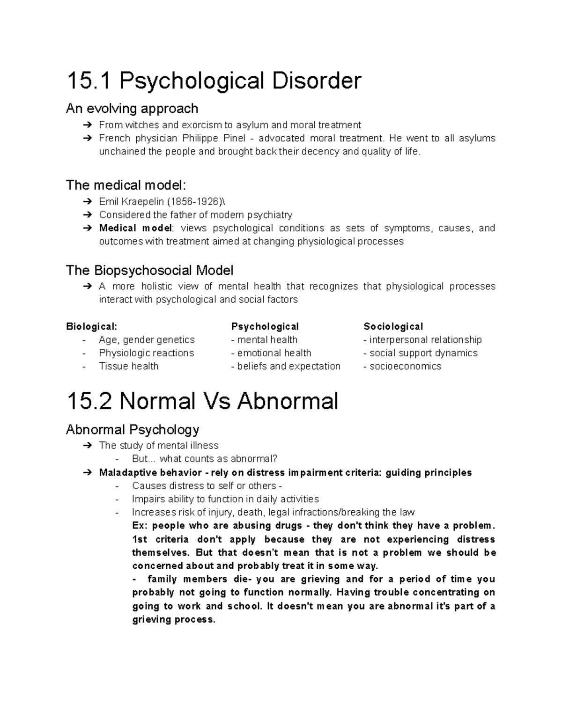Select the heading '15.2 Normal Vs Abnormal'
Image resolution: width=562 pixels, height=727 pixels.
click(x=202, y=401)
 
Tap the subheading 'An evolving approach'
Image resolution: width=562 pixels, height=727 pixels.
click(x=132, y=109)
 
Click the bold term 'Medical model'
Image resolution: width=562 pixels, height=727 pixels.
click(x=135, y=228)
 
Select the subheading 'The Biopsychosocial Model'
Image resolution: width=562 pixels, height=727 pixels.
click(x=149, y=270)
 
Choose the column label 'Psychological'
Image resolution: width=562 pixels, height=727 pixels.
click(x=265, y=326)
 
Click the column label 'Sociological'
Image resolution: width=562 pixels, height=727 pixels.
click(x=393, y=326)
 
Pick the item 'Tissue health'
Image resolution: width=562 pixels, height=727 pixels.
click(x=129, y=366)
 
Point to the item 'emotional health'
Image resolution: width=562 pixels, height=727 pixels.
click(x=274, y=353)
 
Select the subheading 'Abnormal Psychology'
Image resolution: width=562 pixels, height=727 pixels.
click(x=133, y=429)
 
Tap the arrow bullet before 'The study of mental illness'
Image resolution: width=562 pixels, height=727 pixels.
click(x=87, y=445)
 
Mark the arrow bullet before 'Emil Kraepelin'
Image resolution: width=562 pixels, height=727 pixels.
click(x=87, y=202)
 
